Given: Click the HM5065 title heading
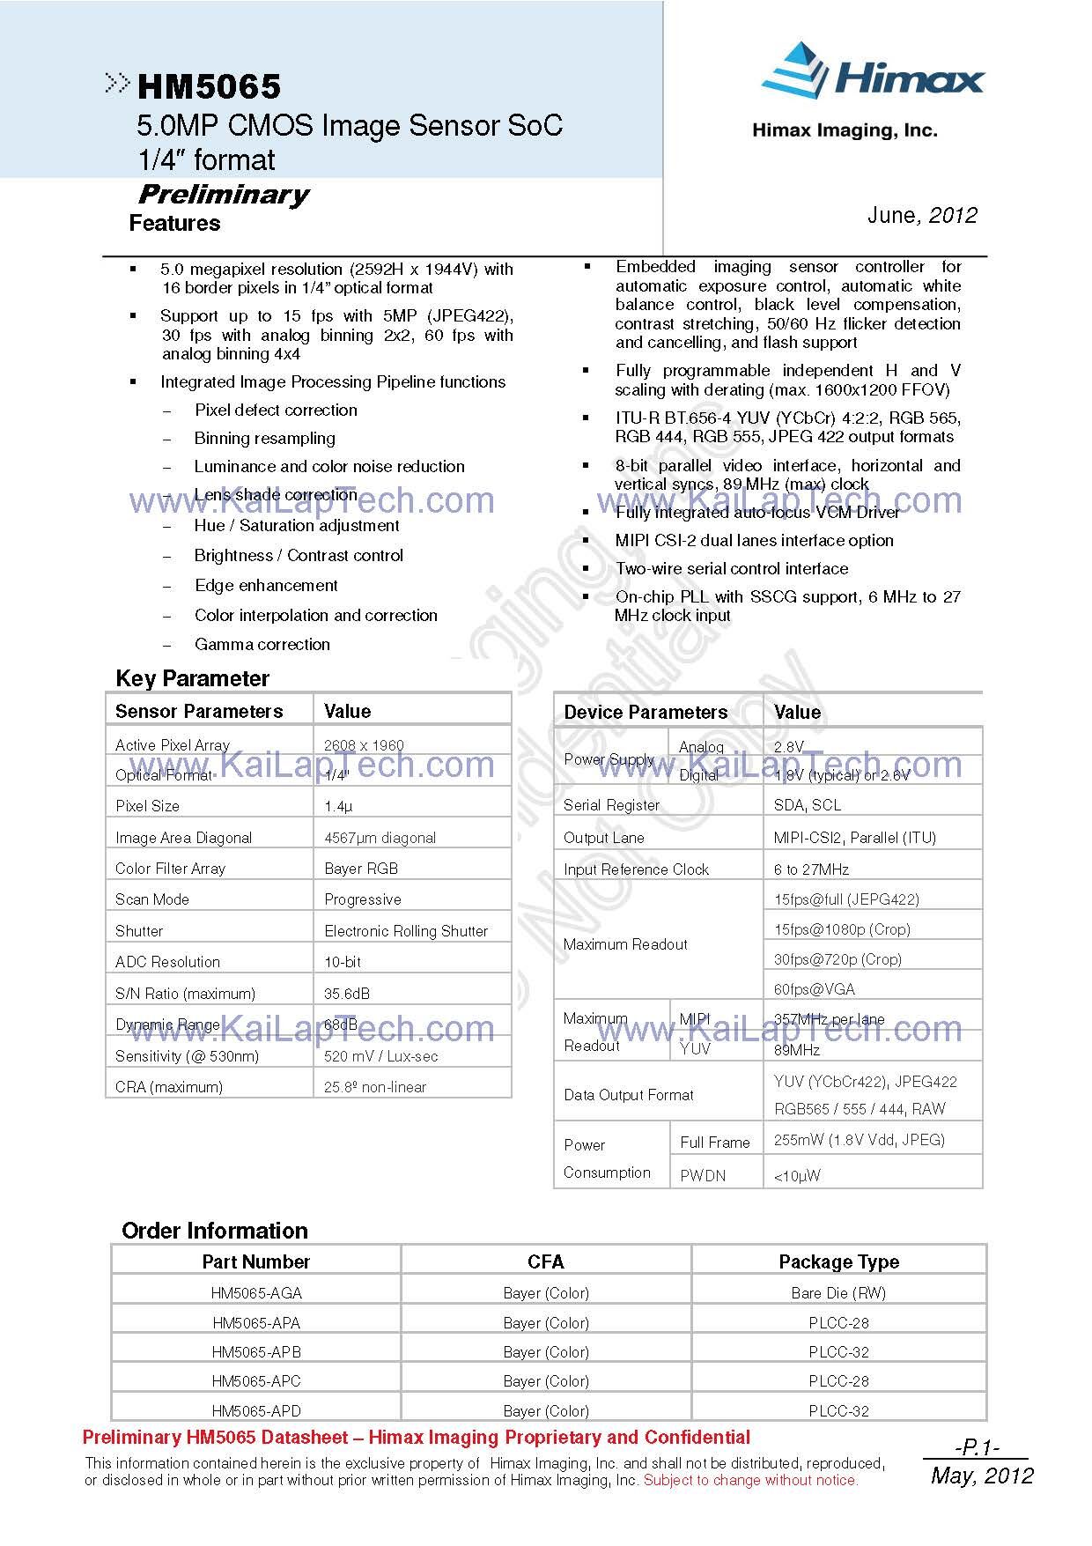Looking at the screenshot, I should (209, 86).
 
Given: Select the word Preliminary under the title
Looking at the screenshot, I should (224, 195).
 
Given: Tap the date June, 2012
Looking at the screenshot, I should (922, 216).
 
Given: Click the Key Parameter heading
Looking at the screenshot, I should (192, 678).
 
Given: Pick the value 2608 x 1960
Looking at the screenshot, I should (364, 745).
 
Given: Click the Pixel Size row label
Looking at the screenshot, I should (147, 806).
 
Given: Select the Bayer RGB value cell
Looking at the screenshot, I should (361, 869).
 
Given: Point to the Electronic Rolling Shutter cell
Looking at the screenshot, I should (406, 931).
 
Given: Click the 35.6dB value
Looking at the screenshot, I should (347, 994).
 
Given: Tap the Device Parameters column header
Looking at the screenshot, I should (646, 712).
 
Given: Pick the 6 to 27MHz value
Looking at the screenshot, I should (811, 869).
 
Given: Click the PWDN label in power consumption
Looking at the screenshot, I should (703, 1176).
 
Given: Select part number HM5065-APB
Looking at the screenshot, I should (256, 1352).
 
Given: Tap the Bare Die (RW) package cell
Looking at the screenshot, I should (838, 1293).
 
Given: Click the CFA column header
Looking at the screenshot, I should (545, 1262).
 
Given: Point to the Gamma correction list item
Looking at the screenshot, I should (262, 645).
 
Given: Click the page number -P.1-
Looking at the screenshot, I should (978, 1447).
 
